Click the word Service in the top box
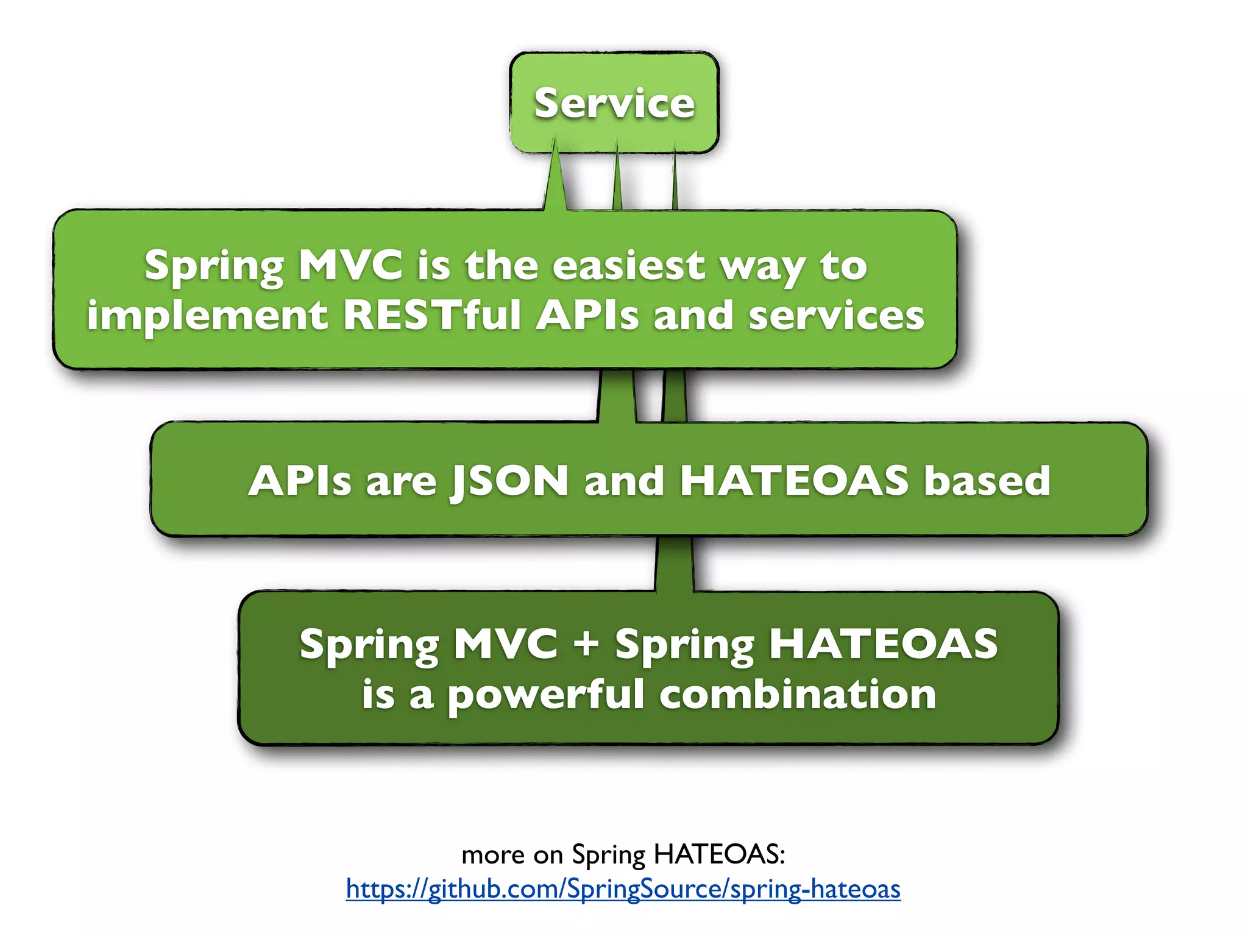(614, 103)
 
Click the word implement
(207, 316)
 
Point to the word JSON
(509, 481)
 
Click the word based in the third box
(987, 481)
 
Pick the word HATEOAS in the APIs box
(794, 481)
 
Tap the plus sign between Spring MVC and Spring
(586, 643)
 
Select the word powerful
(546, 695)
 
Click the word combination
(798, 694)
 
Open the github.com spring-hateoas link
(623, 889)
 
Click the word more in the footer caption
(493, 855)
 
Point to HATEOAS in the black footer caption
(719, 854)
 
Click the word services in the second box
(836, 316)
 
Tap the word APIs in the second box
(587, 316)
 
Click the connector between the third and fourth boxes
(675, 564)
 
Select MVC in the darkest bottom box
(505, 643)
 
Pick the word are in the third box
(401, 481)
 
